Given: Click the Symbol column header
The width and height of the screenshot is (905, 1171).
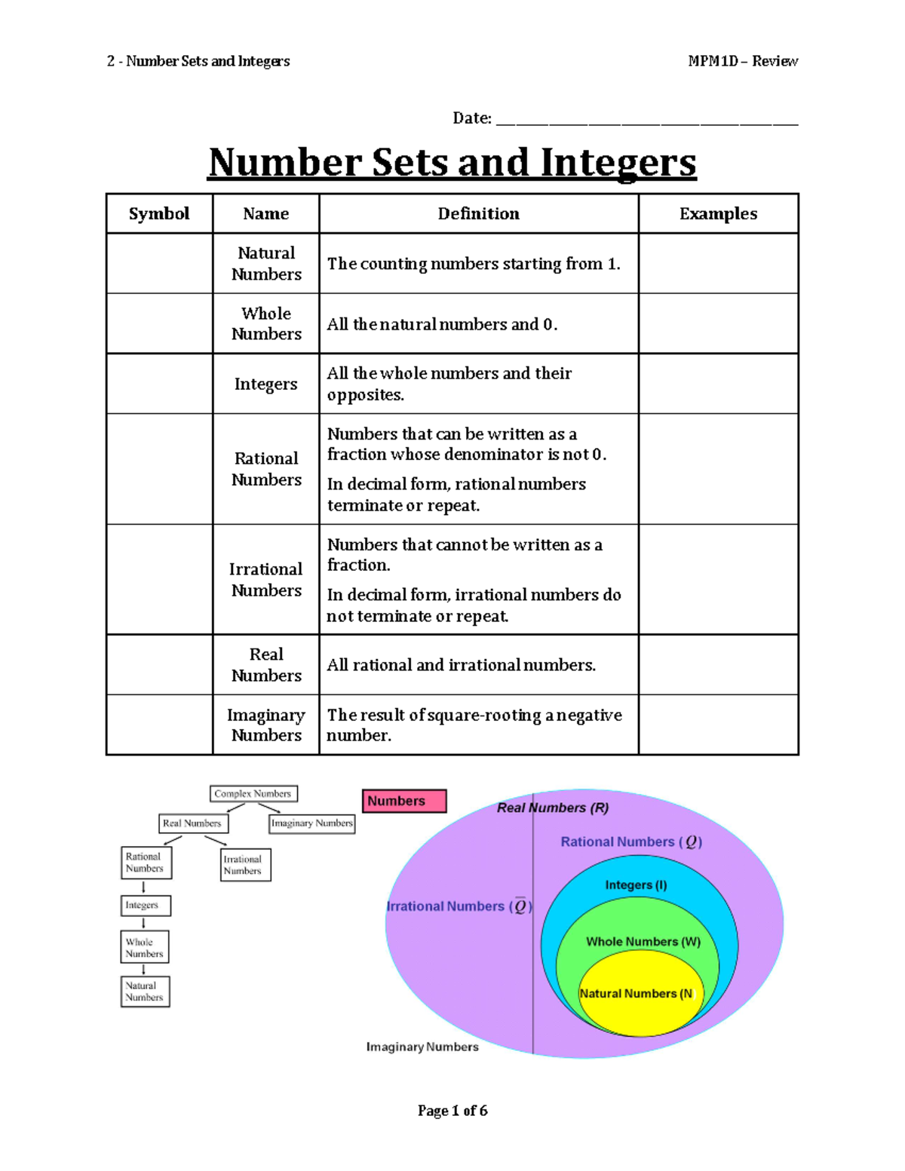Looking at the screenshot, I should click(x=159, y=214).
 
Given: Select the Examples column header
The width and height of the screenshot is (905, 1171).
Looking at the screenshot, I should click(x=718, y=214).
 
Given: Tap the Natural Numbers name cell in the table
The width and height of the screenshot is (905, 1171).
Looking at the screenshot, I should click(x=266, y=263).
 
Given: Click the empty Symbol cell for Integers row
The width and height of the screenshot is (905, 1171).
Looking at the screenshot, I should click(x=159, y=384).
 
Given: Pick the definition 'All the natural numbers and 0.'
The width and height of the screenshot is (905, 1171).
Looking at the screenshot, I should click(x=442, y=324).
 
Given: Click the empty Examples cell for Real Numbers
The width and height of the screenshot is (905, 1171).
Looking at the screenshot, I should click(x=718, y=665).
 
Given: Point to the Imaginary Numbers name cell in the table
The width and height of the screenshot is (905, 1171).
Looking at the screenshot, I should click(x=266, y=725).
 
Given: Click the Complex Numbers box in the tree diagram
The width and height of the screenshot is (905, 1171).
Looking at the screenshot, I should click(x=253, y=794).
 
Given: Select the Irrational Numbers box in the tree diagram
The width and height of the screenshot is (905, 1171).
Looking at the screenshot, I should click(x=246, y=865).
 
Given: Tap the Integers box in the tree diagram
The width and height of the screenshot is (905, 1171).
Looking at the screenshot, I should click(x=146, y=905).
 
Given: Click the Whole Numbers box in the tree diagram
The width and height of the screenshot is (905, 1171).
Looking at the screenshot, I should click(x=145, y=947).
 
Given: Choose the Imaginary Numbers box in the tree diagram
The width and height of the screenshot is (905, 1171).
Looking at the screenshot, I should click(x=312, y=823).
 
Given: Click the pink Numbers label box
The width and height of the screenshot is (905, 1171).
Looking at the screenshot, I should click(x=404, y=801).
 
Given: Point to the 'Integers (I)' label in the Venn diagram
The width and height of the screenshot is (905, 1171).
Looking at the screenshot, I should click(x=636, y=885).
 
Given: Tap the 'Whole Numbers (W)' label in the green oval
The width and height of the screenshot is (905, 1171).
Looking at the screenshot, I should click(x=643, y=942).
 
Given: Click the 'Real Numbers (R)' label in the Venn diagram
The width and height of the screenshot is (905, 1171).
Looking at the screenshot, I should click(x=553, y=808).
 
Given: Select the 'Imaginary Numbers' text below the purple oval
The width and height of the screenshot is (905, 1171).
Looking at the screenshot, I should click(x=422, y=1047).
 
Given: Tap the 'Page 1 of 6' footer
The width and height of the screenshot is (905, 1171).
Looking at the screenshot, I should click(x=452, y=1111).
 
